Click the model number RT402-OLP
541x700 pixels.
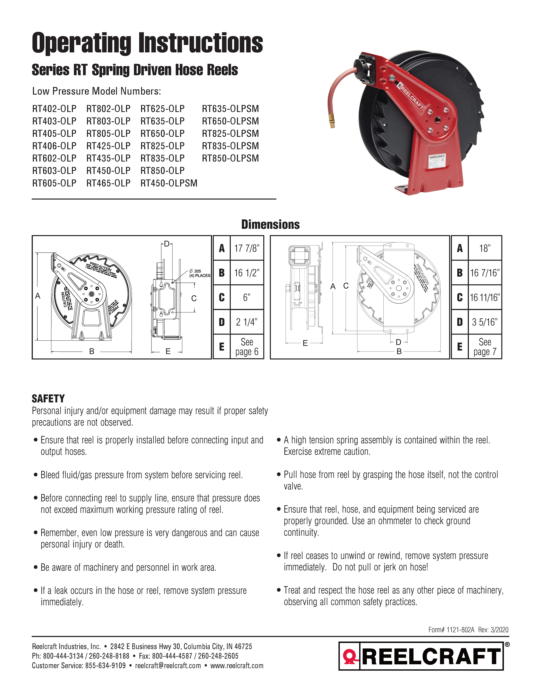tap(54, 109)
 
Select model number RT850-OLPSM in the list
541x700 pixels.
tap(230, 158)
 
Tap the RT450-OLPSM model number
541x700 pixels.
tap(169, 183)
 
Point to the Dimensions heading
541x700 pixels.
tap(270, 225)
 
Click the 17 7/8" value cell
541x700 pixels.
tap(247, 248)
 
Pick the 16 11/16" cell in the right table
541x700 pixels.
tap(485, 297)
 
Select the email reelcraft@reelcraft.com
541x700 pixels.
tap(168, 666)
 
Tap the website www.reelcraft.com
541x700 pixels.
tap(237, 666)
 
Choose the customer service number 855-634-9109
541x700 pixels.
tap(105, 666)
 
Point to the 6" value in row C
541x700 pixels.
tap(247, 297)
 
